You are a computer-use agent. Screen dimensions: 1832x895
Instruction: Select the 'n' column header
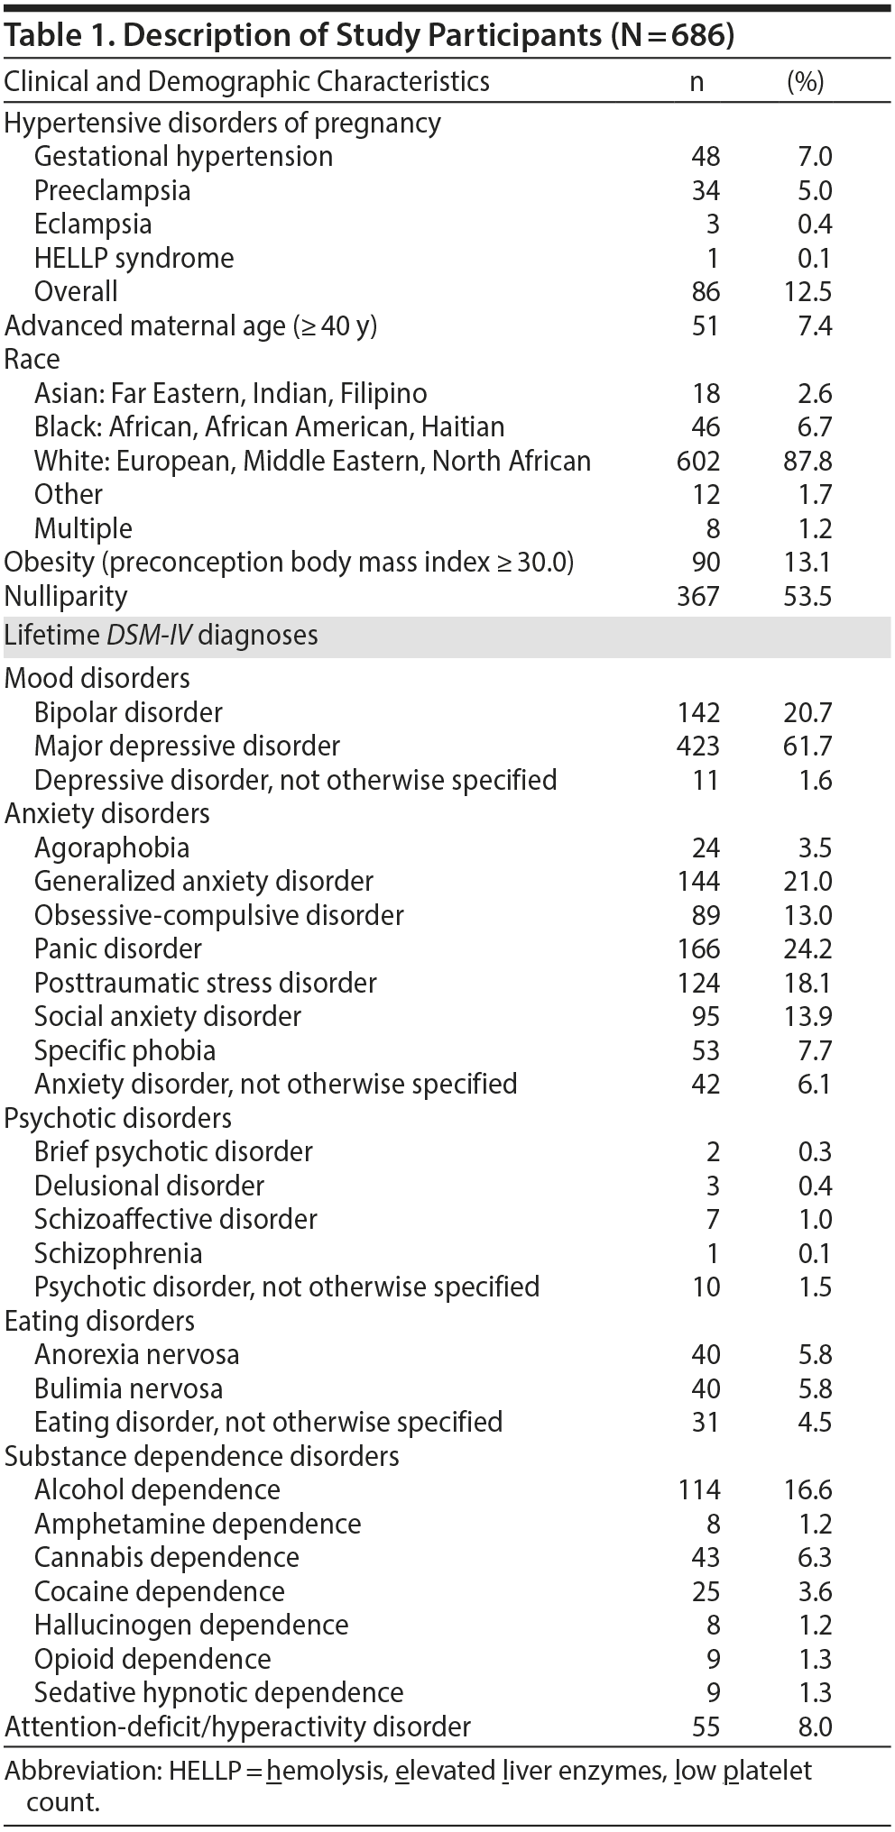(x=697, y=82)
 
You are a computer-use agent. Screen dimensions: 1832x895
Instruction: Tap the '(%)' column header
(x=805, y=82)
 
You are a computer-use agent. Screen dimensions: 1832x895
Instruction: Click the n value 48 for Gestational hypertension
(x=706, y=157)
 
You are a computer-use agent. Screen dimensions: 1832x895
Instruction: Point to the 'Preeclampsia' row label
(x=112, y=191)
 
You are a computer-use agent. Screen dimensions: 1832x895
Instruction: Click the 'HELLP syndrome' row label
(x=134, y=259)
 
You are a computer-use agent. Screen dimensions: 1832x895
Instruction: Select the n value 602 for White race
(x=698, y=462)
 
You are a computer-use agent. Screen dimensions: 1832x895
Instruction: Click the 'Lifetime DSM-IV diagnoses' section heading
(x=161, y=636)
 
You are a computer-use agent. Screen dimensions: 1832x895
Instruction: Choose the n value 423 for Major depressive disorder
(x=698, y=747)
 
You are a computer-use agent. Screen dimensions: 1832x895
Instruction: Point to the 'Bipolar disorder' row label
(x=128, y=713)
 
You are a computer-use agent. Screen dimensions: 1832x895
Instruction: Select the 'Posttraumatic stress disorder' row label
(x=206, y=984)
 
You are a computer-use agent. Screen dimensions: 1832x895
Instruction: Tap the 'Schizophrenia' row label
(x=118, y=1254)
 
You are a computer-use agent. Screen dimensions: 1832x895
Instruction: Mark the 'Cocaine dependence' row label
(x=160, y=1592)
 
